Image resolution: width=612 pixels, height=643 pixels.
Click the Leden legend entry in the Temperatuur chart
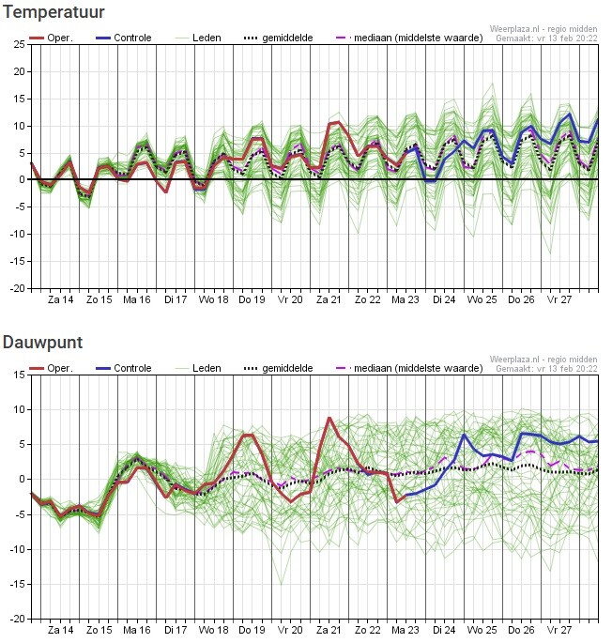point(199,38)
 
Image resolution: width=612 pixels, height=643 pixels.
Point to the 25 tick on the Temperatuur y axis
point(20,44)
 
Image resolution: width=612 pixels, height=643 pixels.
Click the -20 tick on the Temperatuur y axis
point(18,289)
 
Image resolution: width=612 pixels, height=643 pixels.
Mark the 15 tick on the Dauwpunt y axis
point(20,375)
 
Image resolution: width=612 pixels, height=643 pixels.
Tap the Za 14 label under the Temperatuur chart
point(61,299)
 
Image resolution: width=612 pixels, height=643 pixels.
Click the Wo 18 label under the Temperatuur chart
point(214,299)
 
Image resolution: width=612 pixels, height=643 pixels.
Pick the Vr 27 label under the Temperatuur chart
point(560,299)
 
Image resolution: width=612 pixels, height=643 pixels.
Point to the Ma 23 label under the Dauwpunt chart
point(406,630)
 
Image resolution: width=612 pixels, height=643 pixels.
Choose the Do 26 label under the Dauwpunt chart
point(522,630)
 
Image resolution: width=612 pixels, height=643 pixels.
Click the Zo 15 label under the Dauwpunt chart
point(99,630)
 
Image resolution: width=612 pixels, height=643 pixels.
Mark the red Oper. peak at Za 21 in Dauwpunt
point(329,418)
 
